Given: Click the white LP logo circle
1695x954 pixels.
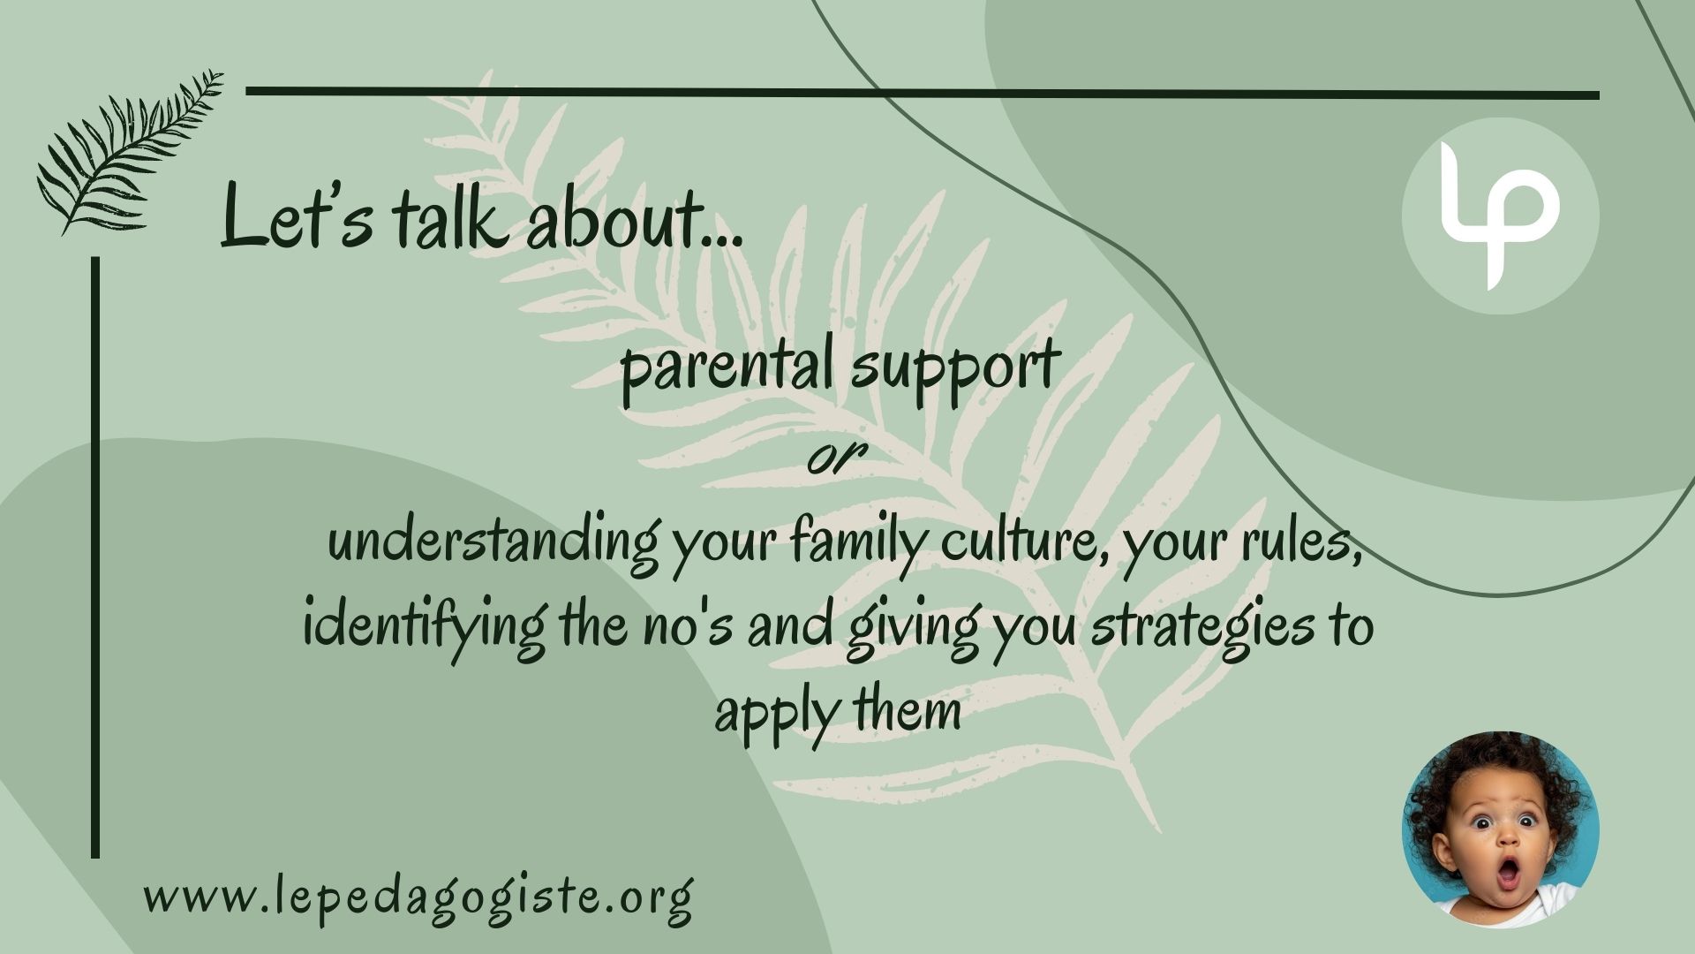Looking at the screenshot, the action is click(x=1501, y=216).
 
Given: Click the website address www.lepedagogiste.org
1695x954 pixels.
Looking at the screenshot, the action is click(x=418, y=898).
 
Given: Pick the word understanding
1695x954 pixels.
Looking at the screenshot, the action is click(x=493, y=541).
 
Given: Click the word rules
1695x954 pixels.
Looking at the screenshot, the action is click(x=1301, y=541).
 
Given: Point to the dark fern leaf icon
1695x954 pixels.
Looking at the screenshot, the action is click(x=130, y=152).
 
